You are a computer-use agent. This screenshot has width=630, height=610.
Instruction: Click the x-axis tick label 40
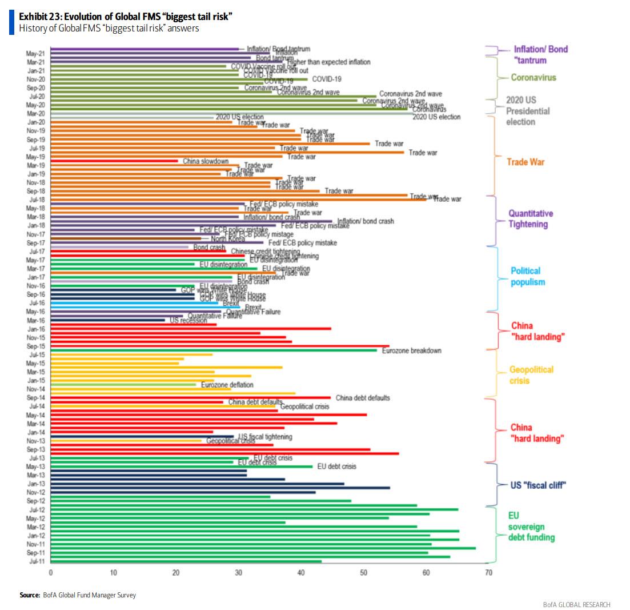point(301,572)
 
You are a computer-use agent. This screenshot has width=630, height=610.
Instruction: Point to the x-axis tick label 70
point(488,572)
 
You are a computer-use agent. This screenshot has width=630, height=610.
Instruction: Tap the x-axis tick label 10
point(113,572)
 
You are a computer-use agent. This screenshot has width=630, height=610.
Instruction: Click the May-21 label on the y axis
point(37,53)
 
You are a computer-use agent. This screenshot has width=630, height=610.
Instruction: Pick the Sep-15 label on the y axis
point(37,346)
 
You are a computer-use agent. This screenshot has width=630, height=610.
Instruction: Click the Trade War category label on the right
point(525,162)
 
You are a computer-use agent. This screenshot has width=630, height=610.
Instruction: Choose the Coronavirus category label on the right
point(533,77)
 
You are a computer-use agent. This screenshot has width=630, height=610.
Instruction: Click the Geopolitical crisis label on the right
point(531,375)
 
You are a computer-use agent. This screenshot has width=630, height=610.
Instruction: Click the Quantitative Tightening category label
point(531,218)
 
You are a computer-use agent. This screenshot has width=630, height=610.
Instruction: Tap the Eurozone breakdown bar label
point(411,350)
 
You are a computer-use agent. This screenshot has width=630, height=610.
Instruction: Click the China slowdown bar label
point(206,161)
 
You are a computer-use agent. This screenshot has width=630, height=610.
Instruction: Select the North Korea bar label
point(223,238)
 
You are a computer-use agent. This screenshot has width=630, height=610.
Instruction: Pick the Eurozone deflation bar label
point(227,385)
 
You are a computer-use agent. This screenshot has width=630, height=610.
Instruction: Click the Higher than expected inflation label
point(329,62)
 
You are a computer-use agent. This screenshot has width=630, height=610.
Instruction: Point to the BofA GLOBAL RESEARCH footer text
point(576,604)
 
